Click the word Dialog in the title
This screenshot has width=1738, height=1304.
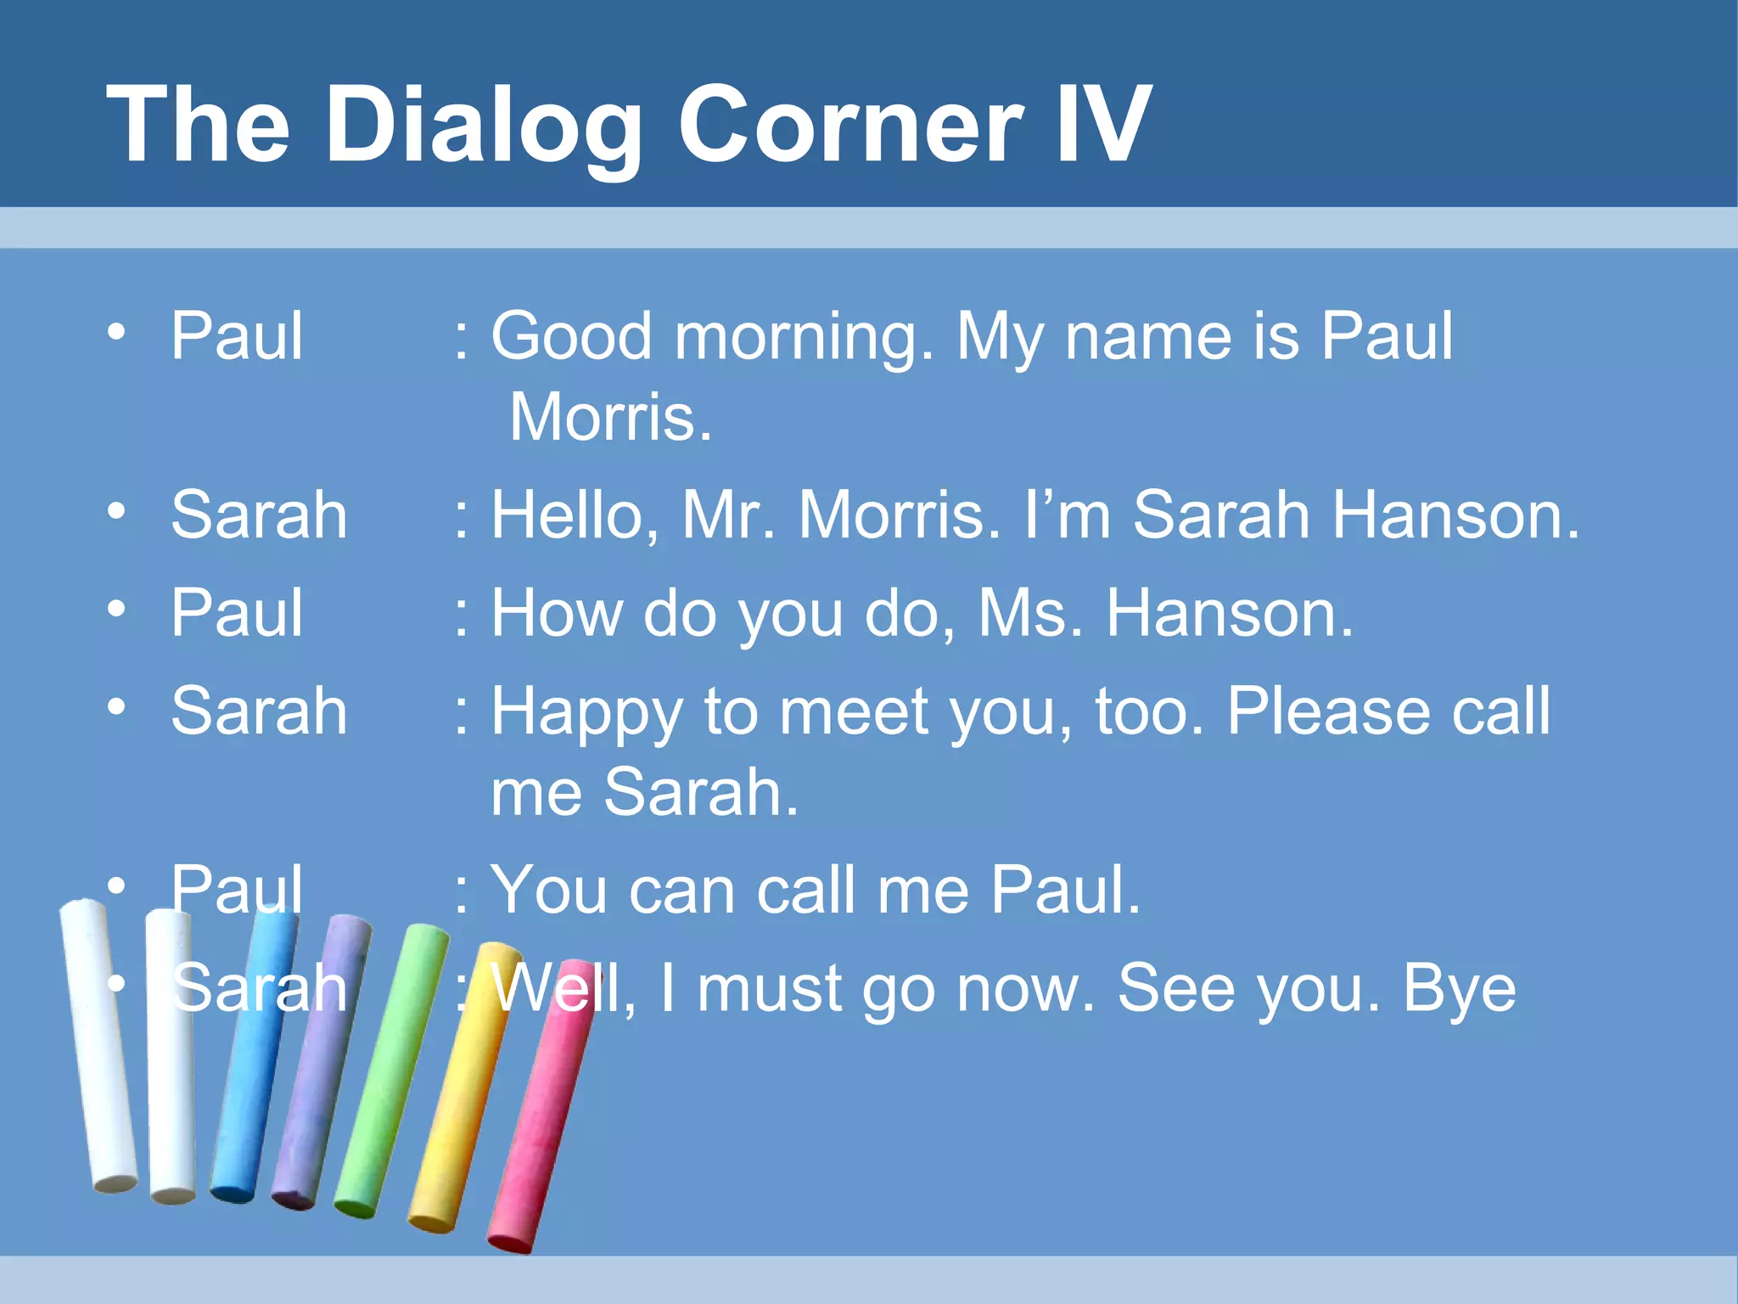[482, 125]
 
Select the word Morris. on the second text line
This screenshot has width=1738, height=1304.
[610, 417]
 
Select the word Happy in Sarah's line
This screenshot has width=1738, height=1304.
[586, 712]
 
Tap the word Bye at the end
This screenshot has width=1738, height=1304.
[1459, 989]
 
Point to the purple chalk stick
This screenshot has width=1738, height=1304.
[322, 1061]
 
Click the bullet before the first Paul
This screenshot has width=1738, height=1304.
[117, 331]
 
